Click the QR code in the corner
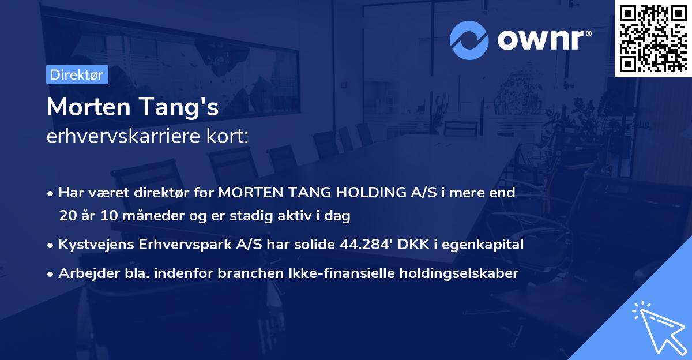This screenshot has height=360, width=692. (x=653, y=38)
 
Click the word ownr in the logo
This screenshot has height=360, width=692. (x=541, y=40)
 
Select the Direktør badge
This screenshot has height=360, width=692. (x=77, y=74)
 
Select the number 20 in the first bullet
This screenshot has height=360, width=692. (x=68, y=216)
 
